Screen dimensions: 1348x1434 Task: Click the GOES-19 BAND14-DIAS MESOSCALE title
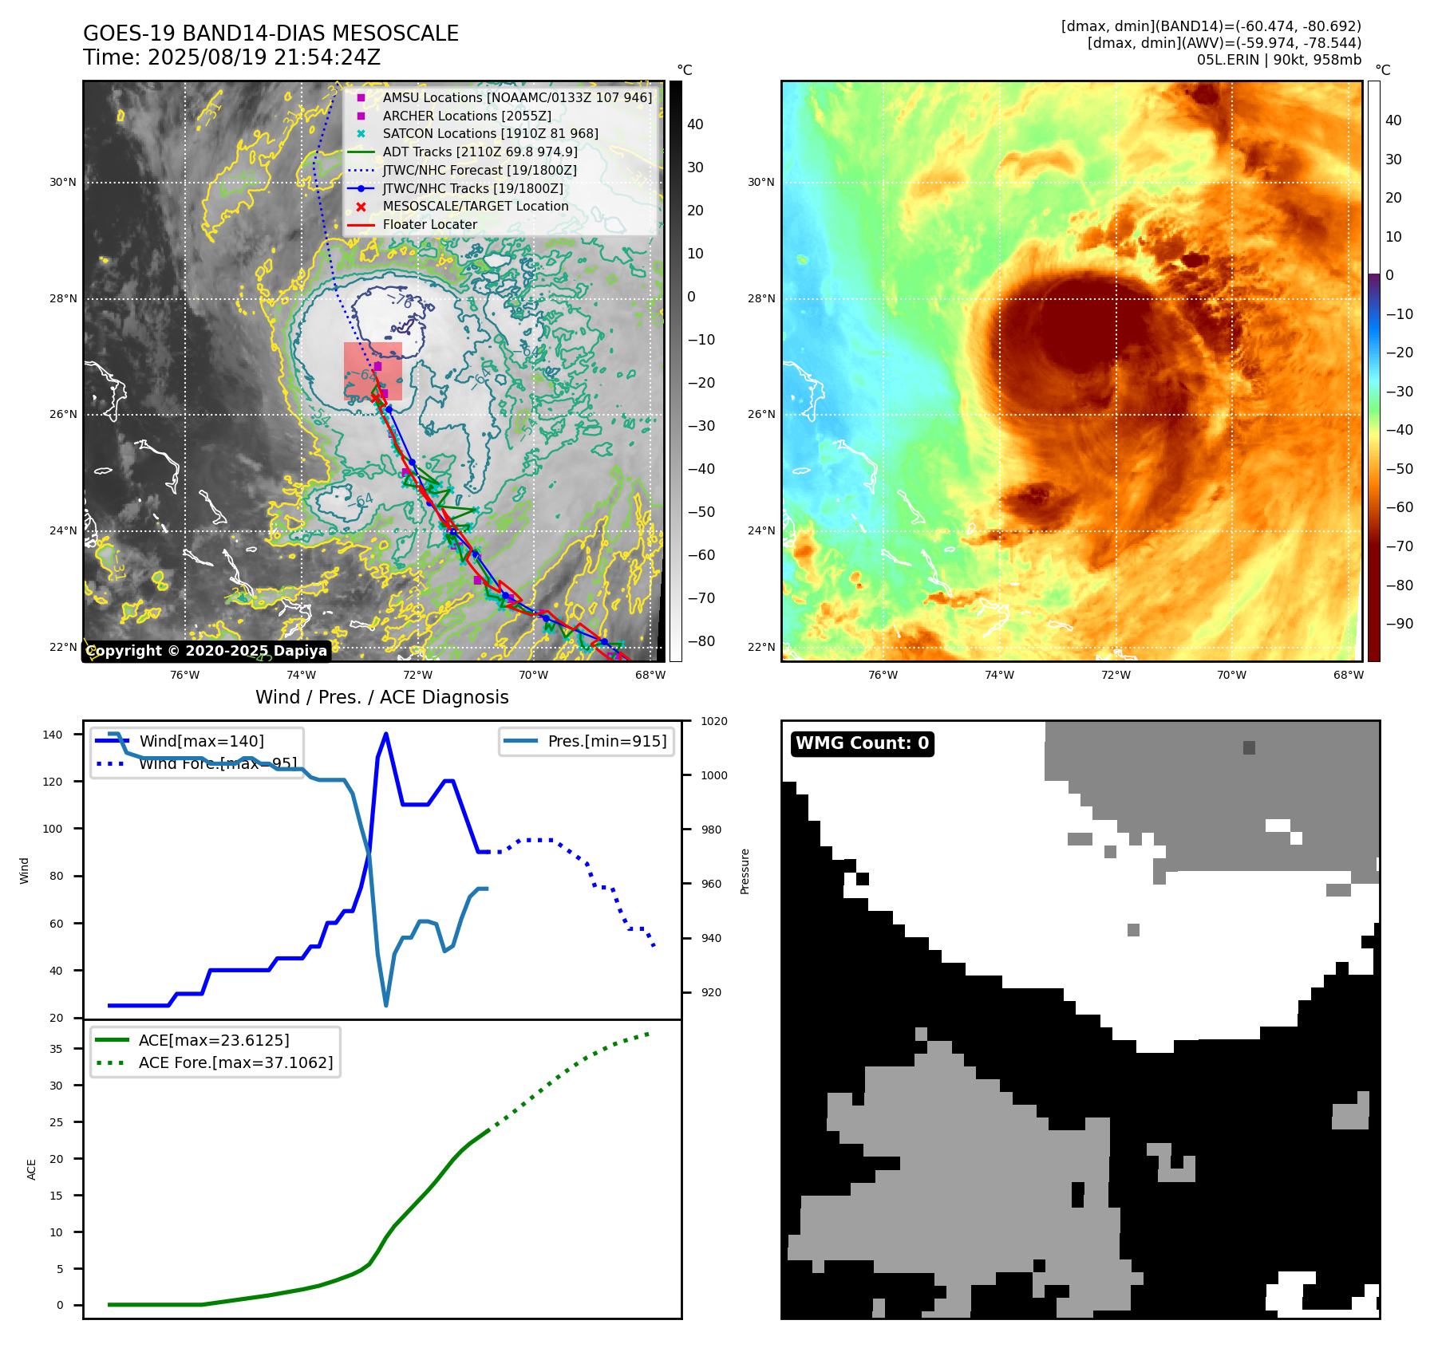point(271,34)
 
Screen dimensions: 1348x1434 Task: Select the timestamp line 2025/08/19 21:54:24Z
point(231,57)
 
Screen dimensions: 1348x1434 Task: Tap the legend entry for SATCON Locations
point(490,134)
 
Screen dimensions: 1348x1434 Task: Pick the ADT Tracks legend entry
point(480,152)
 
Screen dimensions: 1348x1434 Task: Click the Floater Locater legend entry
point(429,225)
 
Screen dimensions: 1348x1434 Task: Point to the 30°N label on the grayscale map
point(63,183)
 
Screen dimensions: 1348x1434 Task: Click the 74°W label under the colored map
point(999,676)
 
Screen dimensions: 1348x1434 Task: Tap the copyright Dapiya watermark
point(206,651)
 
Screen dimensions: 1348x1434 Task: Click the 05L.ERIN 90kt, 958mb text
point(1278,60)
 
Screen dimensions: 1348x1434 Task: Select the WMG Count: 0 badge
point(862,743)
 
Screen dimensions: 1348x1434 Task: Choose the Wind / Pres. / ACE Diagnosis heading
point(381,697)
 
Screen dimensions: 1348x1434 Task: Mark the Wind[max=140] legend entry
point(201,741)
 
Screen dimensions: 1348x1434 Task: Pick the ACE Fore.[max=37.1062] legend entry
point(235,1062)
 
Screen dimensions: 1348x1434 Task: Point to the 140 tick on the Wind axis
point(53,735)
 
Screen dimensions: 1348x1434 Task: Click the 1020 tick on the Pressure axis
point(713,722)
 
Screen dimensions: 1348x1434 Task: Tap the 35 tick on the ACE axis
point(56,1049)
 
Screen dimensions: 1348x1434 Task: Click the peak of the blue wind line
point(386,734)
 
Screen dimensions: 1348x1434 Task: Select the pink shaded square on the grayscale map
point(373,372)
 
